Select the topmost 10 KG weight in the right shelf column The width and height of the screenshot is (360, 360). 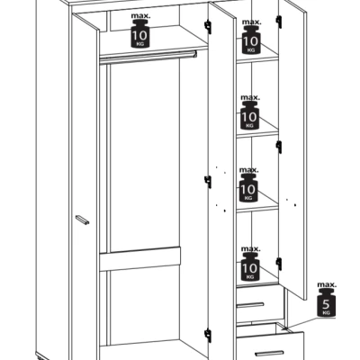(250, 41)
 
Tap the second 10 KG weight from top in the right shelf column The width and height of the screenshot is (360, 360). (250, 116)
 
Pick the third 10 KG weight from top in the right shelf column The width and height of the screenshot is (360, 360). (250, 190)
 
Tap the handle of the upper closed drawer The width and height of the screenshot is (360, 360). (253, 303)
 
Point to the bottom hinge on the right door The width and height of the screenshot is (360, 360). (278, 262)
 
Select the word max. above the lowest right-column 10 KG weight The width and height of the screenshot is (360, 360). (251, 247)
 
